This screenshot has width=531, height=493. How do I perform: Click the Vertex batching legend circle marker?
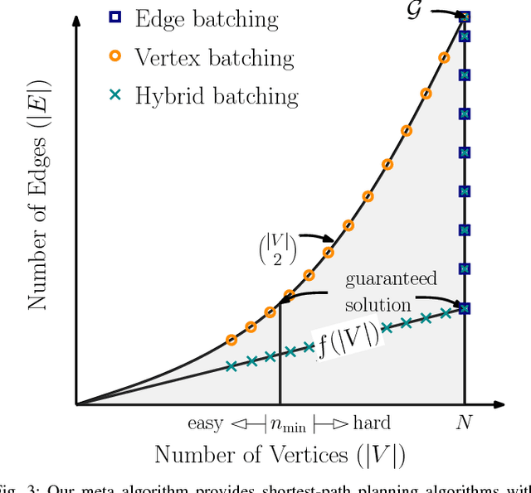point(115,56)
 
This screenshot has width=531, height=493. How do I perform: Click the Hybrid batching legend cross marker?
point(115,95)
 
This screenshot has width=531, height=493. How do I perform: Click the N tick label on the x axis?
point(464,423)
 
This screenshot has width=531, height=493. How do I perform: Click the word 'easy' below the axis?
point(205,424)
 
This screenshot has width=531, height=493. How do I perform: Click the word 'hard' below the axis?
point(371,424)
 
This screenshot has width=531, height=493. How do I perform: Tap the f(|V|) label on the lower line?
point(348,339)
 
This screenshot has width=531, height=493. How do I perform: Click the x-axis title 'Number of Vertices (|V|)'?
point(279,456)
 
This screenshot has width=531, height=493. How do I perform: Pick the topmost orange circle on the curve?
point(445,58)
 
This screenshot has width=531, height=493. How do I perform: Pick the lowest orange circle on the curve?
point(231,341)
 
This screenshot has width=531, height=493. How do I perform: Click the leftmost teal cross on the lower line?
point(231,366)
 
